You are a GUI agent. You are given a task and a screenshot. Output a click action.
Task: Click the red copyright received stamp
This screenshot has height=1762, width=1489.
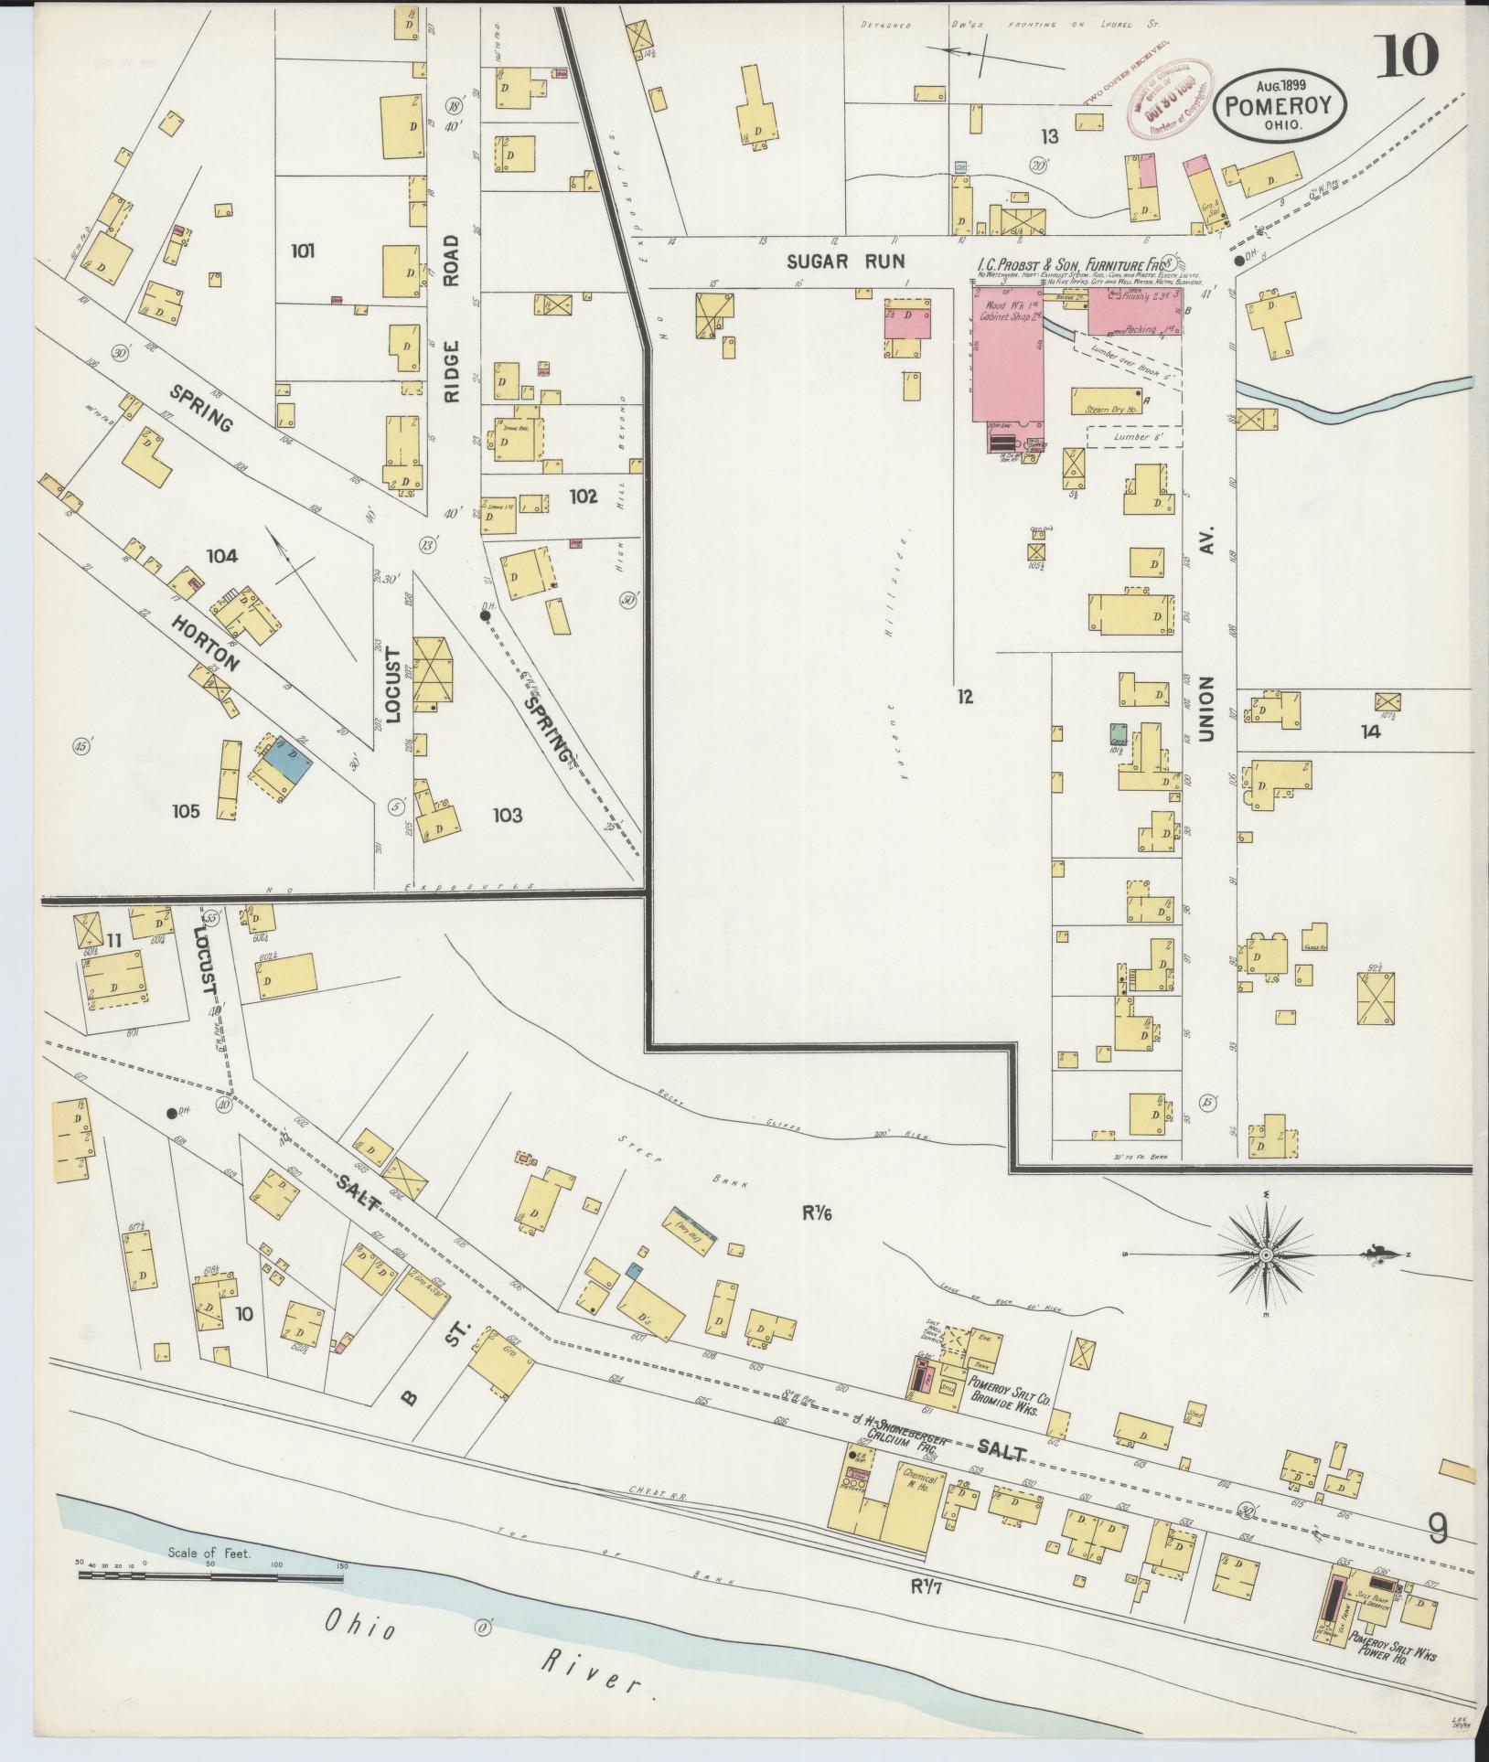[1162, 98]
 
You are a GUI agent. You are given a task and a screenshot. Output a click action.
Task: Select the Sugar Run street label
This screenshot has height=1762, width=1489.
[845, 262]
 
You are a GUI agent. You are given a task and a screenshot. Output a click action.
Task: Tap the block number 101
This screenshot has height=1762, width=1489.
[302, 250]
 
